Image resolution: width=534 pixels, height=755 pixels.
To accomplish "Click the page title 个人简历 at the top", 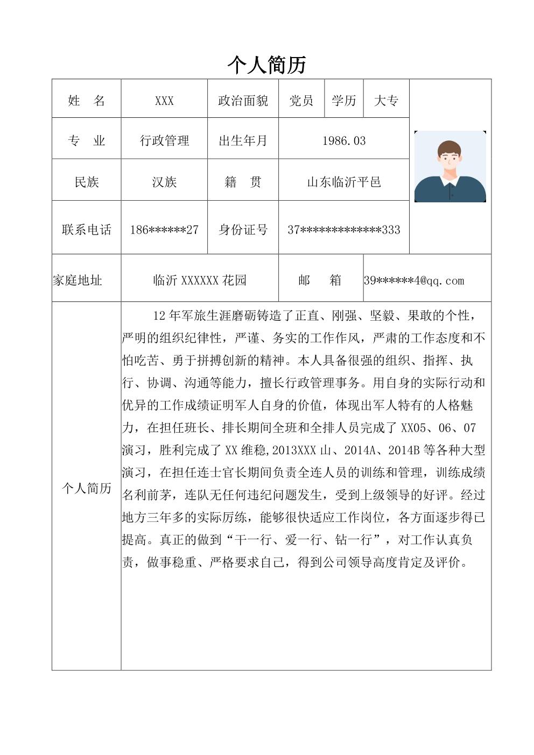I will [x=267, y=65].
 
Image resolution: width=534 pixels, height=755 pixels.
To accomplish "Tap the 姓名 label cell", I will [x=86, y=101].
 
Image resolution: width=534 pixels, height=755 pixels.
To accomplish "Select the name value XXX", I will [x=164, y=101].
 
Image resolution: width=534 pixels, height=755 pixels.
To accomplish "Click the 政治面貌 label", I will [x=243, y=101].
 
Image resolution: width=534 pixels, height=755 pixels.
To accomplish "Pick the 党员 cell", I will [x=301, y=101].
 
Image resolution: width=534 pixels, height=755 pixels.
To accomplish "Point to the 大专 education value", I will [x=386, y=101].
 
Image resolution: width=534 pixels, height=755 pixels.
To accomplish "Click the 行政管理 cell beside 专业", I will [x=164, y=141].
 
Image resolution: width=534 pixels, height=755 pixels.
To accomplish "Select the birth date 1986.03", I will [x=343, y=141].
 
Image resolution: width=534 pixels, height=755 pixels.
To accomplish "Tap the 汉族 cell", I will [x=164, y=182].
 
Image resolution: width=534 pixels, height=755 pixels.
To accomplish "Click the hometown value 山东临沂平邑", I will [x=343, y=182].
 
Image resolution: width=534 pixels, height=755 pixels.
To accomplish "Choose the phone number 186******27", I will [x=164, y=230].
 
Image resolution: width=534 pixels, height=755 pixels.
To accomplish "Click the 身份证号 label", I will [x=243, y=230].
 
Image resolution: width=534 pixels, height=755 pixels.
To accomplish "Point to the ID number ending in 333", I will [x=343, y=230].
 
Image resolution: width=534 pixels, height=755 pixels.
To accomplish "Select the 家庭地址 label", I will [x=78, y=280].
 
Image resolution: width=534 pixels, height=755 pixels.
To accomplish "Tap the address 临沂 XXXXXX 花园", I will [x=200, y=280].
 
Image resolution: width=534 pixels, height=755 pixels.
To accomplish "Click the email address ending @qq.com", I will [x=414, y=280].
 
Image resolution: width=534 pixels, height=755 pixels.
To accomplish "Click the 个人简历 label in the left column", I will [x=87, y=488].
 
